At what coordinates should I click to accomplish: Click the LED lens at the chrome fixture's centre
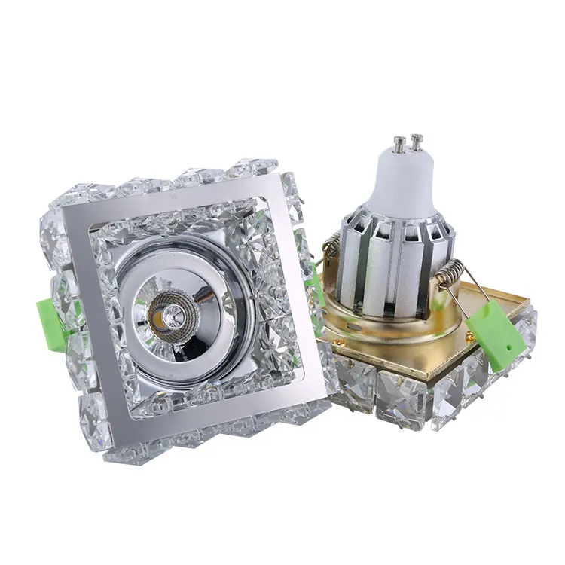tap(165, 311)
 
